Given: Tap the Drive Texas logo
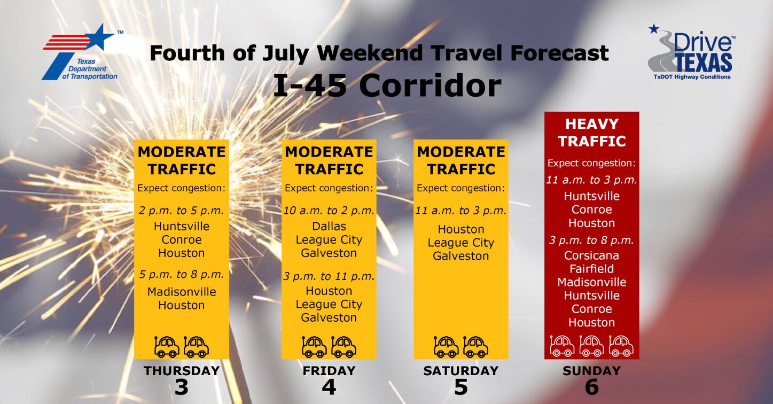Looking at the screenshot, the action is [691, 52].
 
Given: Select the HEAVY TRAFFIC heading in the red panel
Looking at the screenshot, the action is [592, 133].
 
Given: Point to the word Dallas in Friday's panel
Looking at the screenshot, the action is [329, 226].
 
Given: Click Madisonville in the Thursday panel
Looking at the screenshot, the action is [182, 292].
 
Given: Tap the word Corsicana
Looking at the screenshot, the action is [591, 255].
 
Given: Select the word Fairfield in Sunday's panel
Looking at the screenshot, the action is [591, 269].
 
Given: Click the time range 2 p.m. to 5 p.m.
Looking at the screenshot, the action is [182, 211].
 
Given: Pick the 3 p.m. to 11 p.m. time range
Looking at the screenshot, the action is [329, 276].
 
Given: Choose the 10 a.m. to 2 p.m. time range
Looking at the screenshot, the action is [329, 211].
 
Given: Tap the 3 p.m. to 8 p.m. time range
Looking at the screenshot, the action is [591, 240].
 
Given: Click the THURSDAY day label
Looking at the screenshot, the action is [182, 370].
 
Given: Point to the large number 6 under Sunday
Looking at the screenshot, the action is [591, 387].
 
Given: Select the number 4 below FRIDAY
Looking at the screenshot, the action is [329, 387].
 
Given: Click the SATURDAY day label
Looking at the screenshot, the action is [460, 370].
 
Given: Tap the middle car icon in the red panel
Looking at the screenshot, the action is [591, 346].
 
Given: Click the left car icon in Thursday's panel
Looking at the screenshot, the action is [167, 347].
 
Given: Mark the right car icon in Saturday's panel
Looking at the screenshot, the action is [475, 347].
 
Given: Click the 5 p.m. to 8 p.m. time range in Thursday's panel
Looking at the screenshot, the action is [182, 274].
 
